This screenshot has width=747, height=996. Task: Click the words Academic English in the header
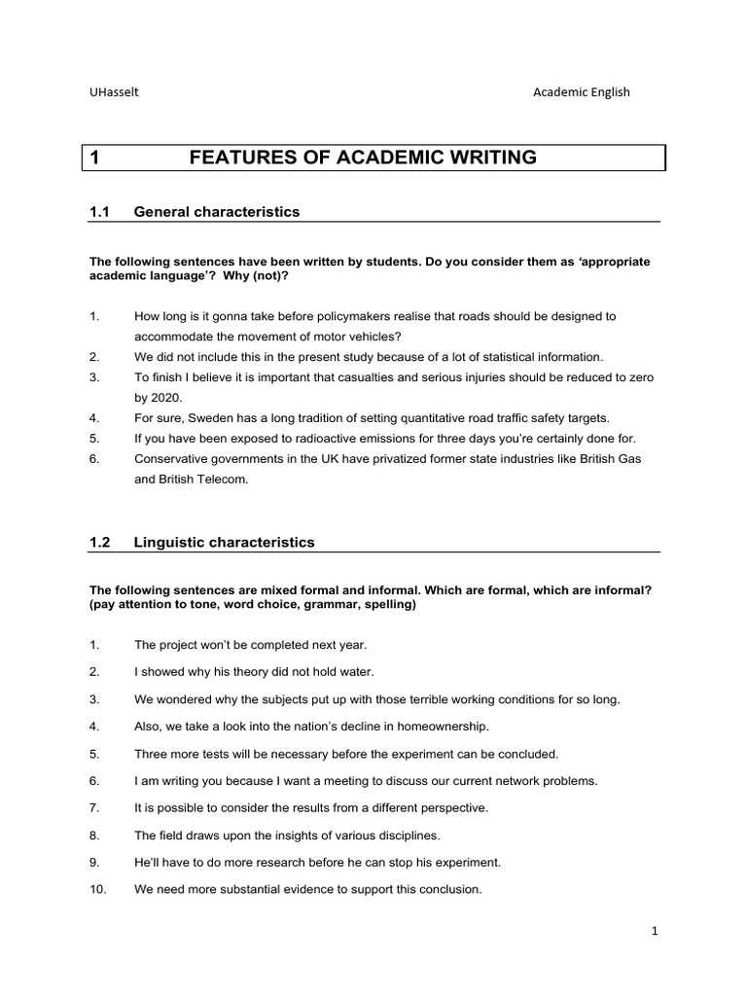coord(581,92)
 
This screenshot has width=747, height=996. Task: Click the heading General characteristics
coord(217,211)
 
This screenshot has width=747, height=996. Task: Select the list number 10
coord(97,889)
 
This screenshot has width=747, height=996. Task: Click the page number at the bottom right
coord(655,931)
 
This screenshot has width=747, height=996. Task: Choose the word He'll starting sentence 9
coord(148,862)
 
